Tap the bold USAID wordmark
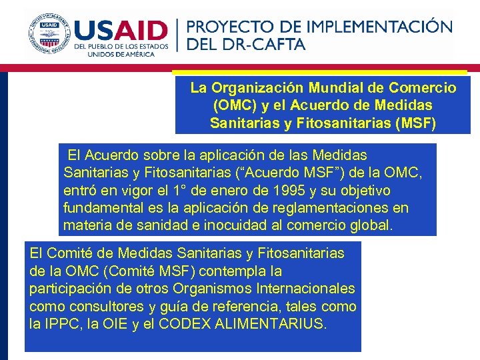121,31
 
